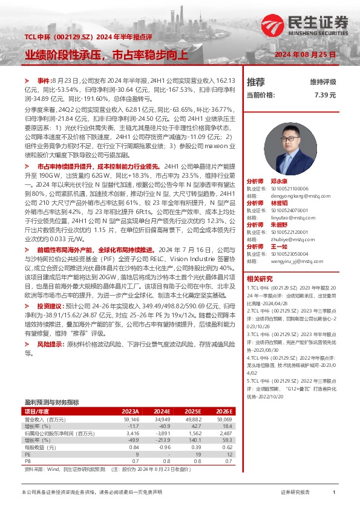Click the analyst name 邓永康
278,181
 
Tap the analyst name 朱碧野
278,224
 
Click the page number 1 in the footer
334,493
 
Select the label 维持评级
323,82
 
